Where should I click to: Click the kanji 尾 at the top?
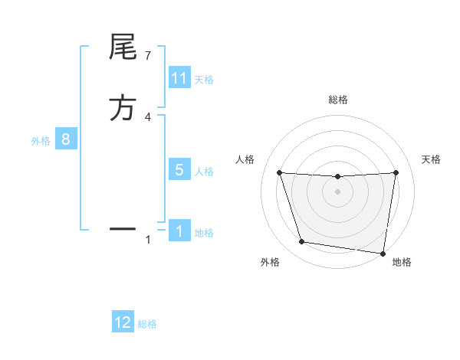tap(122, 49)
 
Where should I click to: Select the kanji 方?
tap(122, 108)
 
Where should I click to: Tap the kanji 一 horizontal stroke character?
tap(122, 228)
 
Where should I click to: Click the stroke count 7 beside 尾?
tap(148, 56)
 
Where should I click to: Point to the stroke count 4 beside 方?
tap(148, 117)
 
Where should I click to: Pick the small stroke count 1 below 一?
tap(148, 241)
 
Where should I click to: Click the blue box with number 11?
tap(179, 78)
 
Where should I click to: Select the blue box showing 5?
tap(179, 170)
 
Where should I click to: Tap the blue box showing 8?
tap(66, 139)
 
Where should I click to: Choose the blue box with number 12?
tap(123, 322)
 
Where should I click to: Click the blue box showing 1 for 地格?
tap(179, 231)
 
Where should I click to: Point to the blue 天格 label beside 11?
tap(204, 79)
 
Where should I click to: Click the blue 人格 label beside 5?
tap(204, 171)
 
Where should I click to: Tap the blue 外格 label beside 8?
tap(40, 140)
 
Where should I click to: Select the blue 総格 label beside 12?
tap(147, 324)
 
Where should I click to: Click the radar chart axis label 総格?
tap(337, 100)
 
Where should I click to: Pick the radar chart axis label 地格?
tap(402, 263)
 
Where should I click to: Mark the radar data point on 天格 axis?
tap(396, 173)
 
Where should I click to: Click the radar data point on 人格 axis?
tap(279, 173)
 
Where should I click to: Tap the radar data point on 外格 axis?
tap(302, 242)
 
